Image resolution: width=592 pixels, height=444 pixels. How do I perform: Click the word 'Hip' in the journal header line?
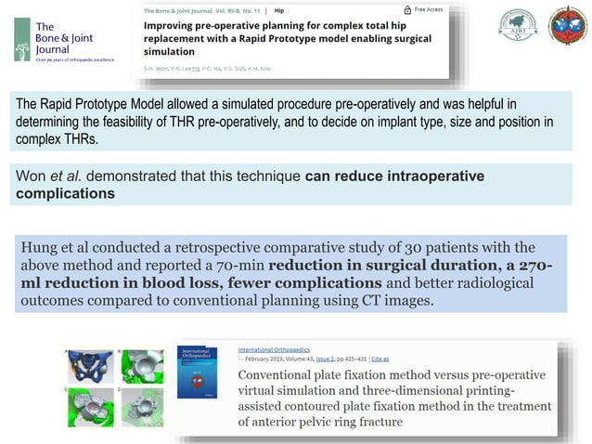pos(278,11)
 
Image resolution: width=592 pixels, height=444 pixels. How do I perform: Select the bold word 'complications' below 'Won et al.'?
pos(66,194)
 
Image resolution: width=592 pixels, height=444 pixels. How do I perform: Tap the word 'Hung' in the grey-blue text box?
pos(41,247)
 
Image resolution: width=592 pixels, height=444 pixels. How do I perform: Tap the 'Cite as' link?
pos(380,358)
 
